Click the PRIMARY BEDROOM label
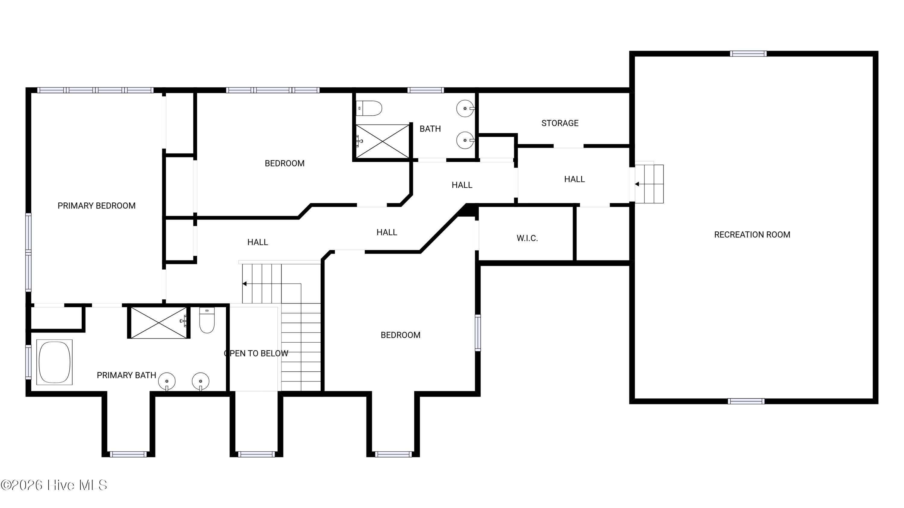coord(96,206)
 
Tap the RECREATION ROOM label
coord(752,235)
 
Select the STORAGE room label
coord(560,123)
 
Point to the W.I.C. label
coord(527,238)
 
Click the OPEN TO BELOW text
coord(256,354)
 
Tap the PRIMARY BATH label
coord(126,376)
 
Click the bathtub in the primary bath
coord(55,362)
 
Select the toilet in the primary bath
coord(207,320)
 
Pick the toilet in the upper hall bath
coord(369,108)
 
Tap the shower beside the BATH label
coord(382,141)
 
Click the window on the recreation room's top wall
coord(748,54)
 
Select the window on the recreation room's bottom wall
coord(746,401)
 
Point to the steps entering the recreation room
coord(649,184)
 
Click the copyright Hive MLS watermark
coord(54,485)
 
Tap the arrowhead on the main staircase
coord(245,284)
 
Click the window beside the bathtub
coord(28,362)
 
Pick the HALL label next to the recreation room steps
coord(574,179)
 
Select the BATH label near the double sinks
coord(430,129)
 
